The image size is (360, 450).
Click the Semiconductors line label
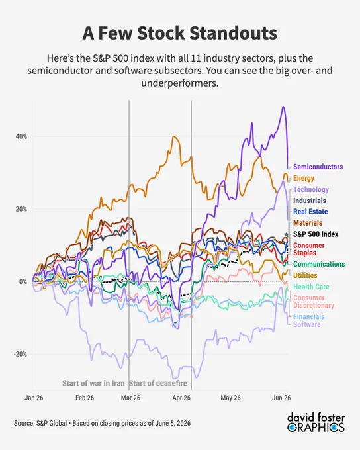[318, 167]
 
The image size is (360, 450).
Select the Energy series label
[304, 178]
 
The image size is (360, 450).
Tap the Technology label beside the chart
[311, 189]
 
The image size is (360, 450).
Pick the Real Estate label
[310, 212]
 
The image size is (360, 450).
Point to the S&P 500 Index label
[316, 234]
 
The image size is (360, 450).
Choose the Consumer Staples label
[308, 249]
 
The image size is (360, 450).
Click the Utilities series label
[305, 275]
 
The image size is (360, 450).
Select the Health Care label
[311, 287]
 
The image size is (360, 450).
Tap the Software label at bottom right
[307, 324]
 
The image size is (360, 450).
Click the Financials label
[308, 316]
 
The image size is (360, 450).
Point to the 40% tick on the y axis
[21, 136]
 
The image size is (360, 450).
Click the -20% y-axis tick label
[21, 354]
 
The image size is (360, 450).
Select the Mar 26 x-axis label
[130, 398]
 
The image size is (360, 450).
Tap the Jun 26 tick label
[281, 398]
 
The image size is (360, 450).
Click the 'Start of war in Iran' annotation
[93, 383]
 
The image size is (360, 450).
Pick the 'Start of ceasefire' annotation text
[158, 383]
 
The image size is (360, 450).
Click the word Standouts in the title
[234, 33]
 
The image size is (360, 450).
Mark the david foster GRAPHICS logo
[316, 422]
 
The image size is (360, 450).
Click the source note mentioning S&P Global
[102, 423]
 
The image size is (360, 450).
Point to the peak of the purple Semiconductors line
[283, 107]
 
